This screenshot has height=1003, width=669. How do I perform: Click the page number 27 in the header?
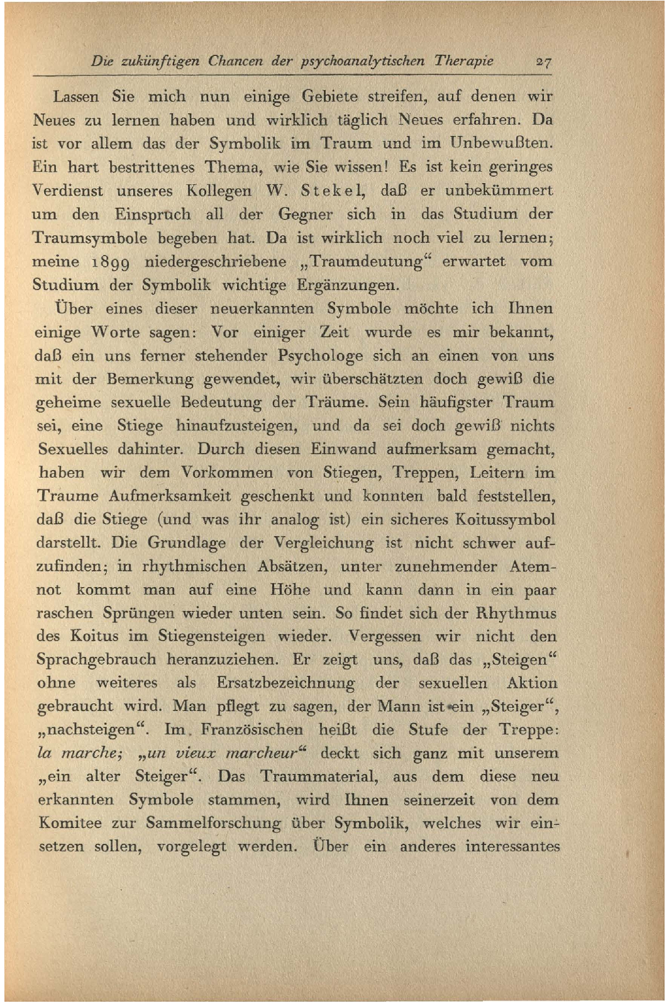[543, 62]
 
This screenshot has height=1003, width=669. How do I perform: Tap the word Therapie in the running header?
[464, 61]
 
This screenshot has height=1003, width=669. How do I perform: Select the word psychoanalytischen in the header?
[363, 62]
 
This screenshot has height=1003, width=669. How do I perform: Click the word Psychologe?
[320, 356]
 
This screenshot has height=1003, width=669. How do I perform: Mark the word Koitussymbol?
[505, 520]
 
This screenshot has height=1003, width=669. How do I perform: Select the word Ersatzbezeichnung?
[285, 683]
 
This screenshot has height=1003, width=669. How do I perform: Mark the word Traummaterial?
[319, 776]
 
